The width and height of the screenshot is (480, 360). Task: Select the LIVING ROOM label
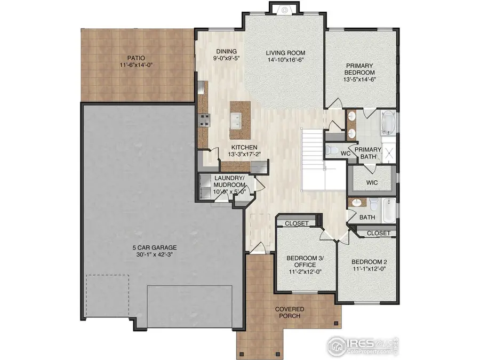coord(285,52)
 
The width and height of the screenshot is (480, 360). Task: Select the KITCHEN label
coord(244,147)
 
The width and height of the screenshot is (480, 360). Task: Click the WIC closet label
coord(372,182)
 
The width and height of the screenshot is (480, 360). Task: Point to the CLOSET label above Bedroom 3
coord(297,223)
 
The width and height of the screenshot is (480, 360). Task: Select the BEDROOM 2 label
coord(369,262)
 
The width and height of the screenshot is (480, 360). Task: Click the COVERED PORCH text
coord(290,313)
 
